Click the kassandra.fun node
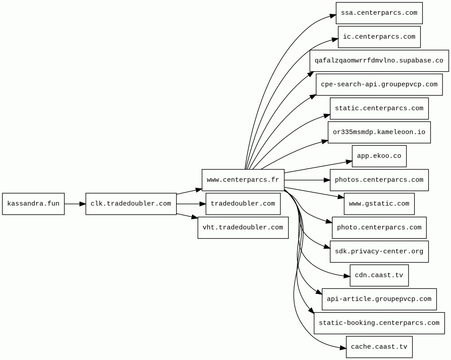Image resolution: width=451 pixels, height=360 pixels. click(33, 204)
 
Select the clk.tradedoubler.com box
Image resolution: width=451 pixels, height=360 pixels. click(131, 204)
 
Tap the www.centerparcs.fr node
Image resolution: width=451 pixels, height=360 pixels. click(243, 180)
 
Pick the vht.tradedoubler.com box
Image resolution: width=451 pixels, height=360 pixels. click(243, 228)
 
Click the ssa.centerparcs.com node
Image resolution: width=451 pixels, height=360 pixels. click(379, 13)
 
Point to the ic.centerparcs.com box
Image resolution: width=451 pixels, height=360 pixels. click(379, 37)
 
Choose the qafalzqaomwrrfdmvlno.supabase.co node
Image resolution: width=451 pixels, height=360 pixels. click(379, 61)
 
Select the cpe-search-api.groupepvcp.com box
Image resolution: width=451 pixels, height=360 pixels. click(379, 85)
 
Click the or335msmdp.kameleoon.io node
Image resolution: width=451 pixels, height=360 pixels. click(379, 132)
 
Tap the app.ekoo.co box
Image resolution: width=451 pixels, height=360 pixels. click(379, 156)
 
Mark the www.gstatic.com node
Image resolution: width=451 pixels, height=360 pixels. click(379, 204)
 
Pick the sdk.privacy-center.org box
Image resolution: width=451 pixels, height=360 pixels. click(379, 251)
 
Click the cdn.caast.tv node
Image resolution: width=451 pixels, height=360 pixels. click(379, 275)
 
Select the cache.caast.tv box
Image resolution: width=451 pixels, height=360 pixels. click(379, 347)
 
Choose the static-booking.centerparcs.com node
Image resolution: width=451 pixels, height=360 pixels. click(379, 323)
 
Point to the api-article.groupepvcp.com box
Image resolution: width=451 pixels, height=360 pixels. click(379, 299)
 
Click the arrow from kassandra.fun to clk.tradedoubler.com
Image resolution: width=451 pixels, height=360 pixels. click(75, 204)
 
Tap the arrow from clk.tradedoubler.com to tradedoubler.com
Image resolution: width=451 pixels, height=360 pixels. click(191, 204)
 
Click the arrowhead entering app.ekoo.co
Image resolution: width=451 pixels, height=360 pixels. click(349, 161)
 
